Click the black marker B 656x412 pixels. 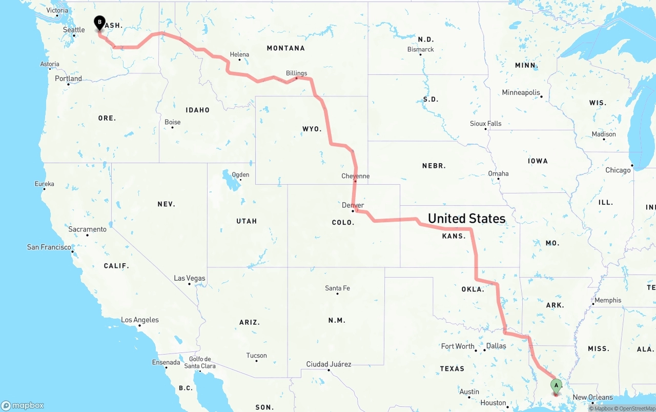(x=99, y=23)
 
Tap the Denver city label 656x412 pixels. (x=353, y=205)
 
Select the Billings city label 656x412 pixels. (x=296, y=73)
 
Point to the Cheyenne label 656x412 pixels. (x=355, y=176)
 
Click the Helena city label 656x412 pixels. (x=239, y=54)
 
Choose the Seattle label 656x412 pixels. (x=74, y=30)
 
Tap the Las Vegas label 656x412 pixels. (x=189, y=278)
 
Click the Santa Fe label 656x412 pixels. (x=337, y=288)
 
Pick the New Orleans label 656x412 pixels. (x=592, y=397)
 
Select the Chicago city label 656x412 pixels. (x=618, y=170)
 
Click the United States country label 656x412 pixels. (x=466, y=219)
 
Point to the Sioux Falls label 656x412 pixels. (x=485, y=124)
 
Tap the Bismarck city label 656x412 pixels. (x=420, y=49)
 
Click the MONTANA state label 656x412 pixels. (x=285, y=48)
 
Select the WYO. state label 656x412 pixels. (x=312, y=129)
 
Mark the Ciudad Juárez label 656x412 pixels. (x=329, y=364)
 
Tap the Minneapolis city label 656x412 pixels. (x=521, y=93)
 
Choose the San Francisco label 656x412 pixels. (x=49, y=247)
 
